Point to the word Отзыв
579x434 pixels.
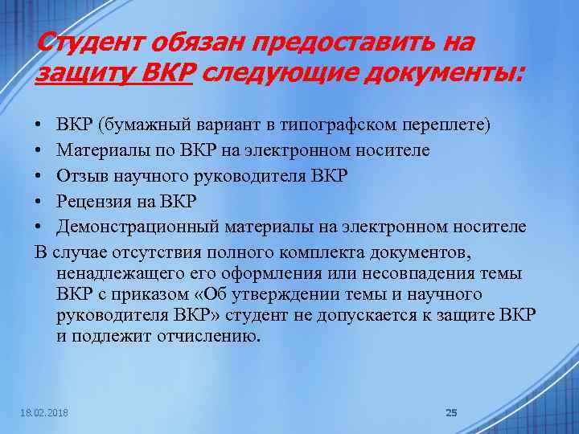coord(82,176)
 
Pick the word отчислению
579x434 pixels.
coord(211,335)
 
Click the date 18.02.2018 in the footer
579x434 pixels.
coord(44,412)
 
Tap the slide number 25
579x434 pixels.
coord(451,412)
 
